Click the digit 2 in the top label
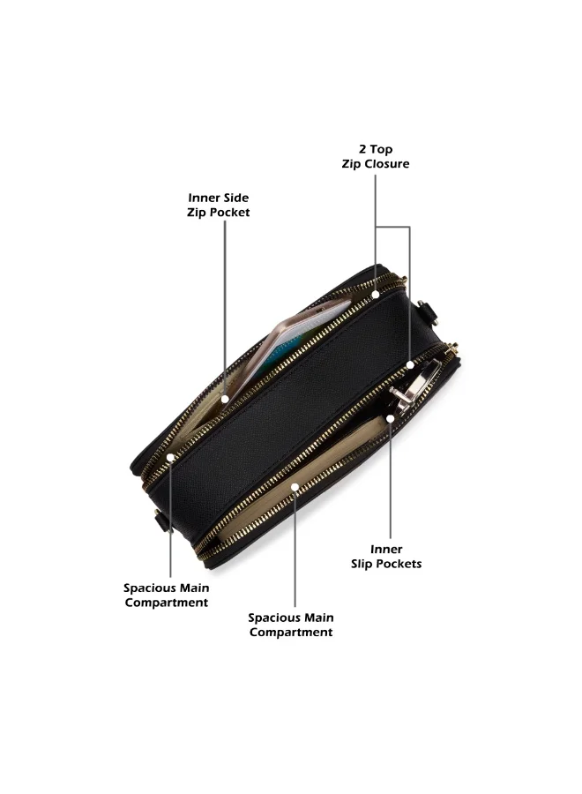pos(362,149)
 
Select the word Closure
pos(386,164)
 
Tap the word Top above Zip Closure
pos(381,150)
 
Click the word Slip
pos(362,564)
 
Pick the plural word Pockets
pos(399,564)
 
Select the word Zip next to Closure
pos(352,164)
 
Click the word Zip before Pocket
pos(197,212)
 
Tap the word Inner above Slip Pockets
pos(386,550)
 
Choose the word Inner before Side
pos(203,198)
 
